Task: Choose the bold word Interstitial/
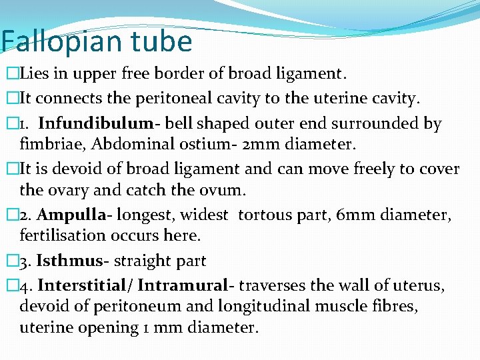[87, 285]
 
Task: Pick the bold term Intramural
[183, 285]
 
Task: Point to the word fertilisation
[62, 235]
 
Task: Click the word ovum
[225, 190]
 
